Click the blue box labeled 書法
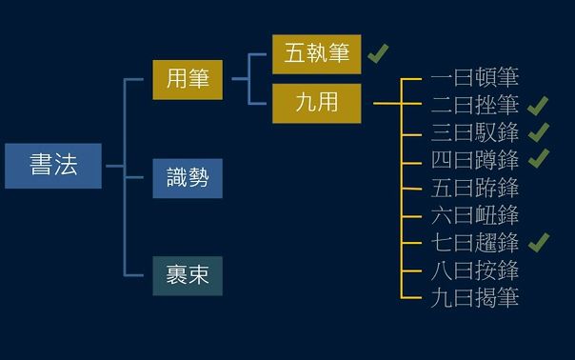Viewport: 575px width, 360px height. pos(52,166)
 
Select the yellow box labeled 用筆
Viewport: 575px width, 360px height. pos(188,79)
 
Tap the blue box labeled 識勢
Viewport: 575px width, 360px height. pos(188,178)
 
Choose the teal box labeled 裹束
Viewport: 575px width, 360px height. pos(188,276)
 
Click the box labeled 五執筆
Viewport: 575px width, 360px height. pos(317,53)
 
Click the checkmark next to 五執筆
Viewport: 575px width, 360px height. pos(378,53)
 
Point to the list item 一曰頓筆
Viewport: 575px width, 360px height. pos(474,78)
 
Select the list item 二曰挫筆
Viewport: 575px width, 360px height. pos(474,106)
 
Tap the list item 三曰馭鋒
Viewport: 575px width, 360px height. pos(474,132)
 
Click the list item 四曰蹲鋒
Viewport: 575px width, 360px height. pos(474,159)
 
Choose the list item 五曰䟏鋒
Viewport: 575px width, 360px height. pos(474,187)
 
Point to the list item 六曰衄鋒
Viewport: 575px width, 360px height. pos(474,214)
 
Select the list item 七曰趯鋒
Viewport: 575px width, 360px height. pos(474,242)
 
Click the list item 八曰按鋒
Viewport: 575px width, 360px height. pos(474,270)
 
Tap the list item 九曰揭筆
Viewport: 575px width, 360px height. pos(474,297)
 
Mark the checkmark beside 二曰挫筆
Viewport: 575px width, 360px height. pos(539,105)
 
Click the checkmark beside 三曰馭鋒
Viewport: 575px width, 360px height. pos(539,131)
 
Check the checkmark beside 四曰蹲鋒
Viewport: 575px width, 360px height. pos(539,158)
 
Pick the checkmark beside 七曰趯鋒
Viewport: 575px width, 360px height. pos(539,242)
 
